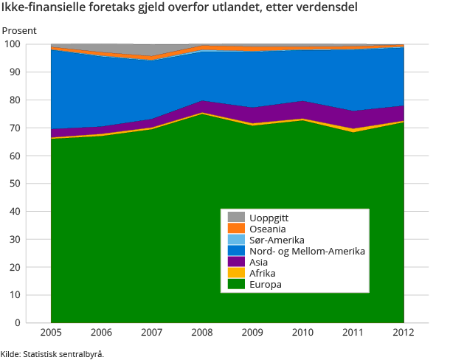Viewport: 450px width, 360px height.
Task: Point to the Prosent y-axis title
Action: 19,31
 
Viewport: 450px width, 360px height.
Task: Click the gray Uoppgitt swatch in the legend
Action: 236,218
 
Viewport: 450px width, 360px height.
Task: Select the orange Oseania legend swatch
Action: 236,229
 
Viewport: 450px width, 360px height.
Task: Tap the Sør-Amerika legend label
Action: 277,240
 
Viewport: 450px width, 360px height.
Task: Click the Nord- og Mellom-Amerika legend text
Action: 308,252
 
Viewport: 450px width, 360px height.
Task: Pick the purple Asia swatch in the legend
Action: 236,263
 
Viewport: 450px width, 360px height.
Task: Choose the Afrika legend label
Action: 263,274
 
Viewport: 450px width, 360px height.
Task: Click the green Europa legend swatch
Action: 236,285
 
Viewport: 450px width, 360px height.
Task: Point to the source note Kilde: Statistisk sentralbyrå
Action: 52,354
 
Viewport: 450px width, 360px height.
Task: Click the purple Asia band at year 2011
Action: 353,120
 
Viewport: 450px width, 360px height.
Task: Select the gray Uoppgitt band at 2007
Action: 151,49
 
